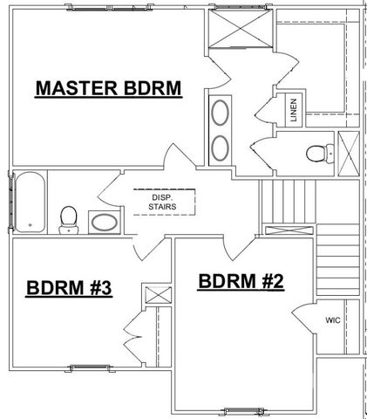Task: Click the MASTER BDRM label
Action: tap(107, 88)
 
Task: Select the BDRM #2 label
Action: tap(241, 281)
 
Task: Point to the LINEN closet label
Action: tap(296, 109)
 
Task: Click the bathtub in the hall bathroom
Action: tap(30, 203)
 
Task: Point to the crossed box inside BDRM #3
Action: tap(156, 294)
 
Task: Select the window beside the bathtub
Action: tap(10, 203)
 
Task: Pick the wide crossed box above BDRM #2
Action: tap(285, 230)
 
